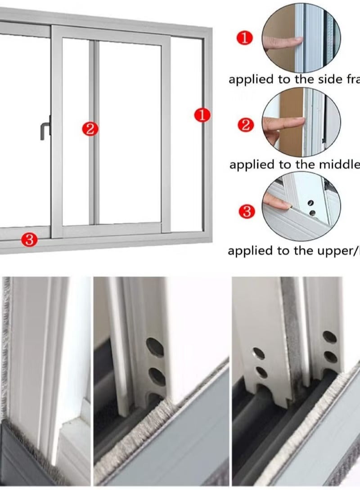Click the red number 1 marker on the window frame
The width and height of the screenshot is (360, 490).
click(x=202, y=115)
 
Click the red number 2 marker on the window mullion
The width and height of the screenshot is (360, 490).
click(x=90, y=129)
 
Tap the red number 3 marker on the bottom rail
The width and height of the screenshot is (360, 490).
click(x=29, y=240)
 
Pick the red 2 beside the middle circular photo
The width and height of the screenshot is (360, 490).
click(x=245, y=125)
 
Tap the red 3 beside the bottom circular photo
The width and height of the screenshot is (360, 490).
click(x=246, y=211)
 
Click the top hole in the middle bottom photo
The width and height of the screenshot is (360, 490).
click(x=155, y=347)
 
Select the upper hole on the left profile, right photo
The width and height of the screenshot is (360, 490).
click(x=259, y=353)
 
